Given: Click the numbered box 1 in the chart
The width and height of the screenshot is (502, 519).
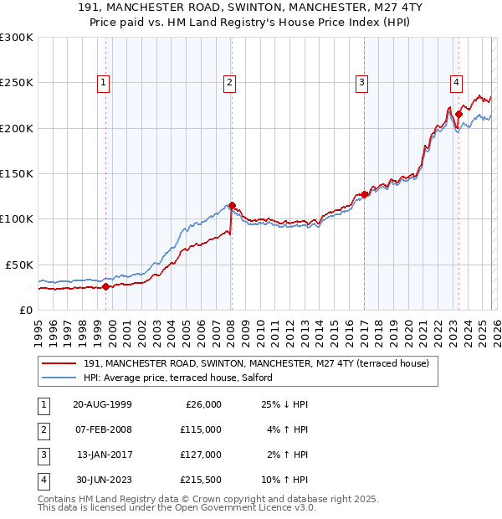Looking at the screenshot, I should pos(102,82).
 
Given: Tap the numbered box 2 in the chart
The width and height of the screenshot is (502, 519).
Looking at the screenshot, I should pos(229,82).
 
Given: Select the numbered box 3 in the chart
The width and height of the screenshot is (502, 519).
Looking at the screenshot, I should pos(361,82).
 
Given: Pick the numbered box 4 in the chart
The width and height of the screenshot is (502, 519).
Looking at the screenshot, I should pos(456,82).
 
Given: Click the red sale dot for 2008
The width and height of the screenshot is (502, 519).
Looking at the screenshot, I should pos(232,205).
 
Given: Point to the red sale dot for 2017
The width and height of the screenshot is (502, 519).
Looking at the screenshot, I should pos(364,194).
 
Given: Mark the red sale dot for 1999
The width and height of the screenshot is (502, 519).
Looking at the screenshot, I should pos(106,286).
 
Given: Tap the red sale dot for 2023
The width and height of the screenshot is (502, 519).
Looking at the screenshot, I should pos(459,114).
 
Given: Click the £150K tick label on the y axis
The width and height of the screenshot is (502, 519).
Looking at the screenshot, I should pos(17,173).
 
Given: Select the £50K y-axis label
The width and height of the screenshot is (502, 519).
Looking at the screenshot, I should pos(19,264).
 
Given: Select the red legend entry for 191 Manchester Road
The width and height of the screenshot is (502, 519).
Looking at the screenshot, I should pos(256,363).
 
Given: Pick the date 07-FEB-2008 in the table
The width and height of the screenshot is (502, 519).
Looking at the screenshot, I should pos(103,429).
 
